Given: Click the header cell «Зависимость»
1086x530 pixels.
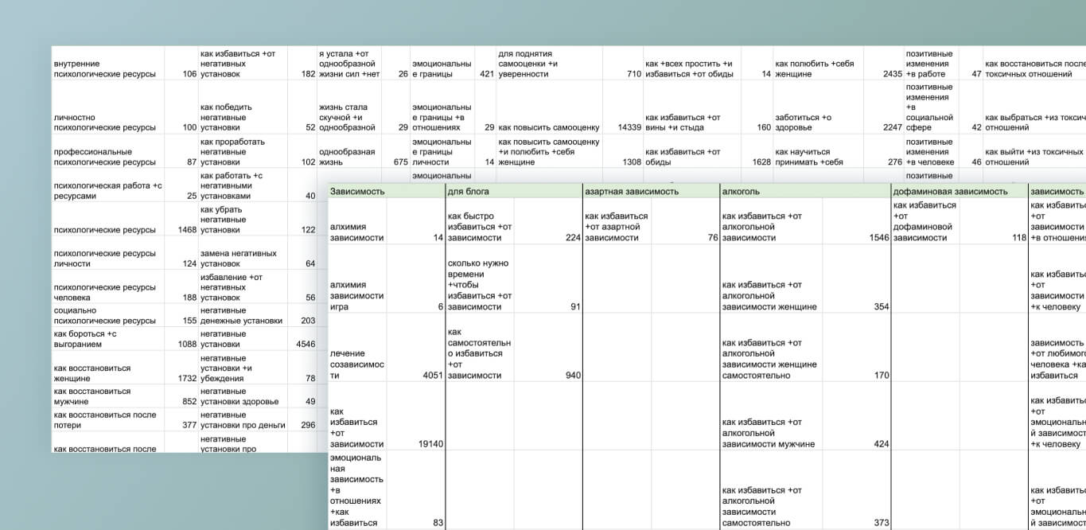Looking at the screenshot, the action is click(x=358, y=191).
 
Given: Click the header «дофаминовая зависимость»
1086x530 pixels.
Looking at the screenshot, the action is click(x=950, y=191).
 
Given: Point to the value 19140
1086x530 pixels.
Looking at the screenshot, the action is click(x=430, y=444).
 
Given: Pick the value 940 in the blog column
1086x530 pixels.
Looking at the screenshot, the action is click(x=573, y=375).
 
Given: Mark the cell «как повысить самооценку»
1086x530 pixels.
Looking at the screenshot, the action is click(x=548, y=127).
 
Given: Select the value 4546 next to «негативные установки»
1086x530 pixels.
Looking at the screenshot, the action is click(x=306, y=345).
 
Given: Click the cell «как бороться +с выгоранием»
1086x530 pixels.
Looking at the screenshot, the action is click(x=85, y=339).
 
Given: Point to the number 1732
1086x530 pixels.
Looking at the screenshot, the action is click(x=183, y=379).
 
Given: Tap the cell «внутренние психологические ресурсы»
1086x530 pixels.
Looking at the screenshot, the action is click(x=104, y=68).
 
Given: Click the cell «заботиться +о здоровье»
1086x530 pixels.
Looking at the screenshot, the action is click(x=804, y=123).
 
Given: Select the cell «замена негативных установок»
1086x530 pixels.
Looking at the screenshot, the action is click(x=239, y=259).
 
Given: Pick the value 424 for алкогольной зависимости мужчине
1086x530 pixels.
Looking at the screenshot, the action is click(x=881, y=444).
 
